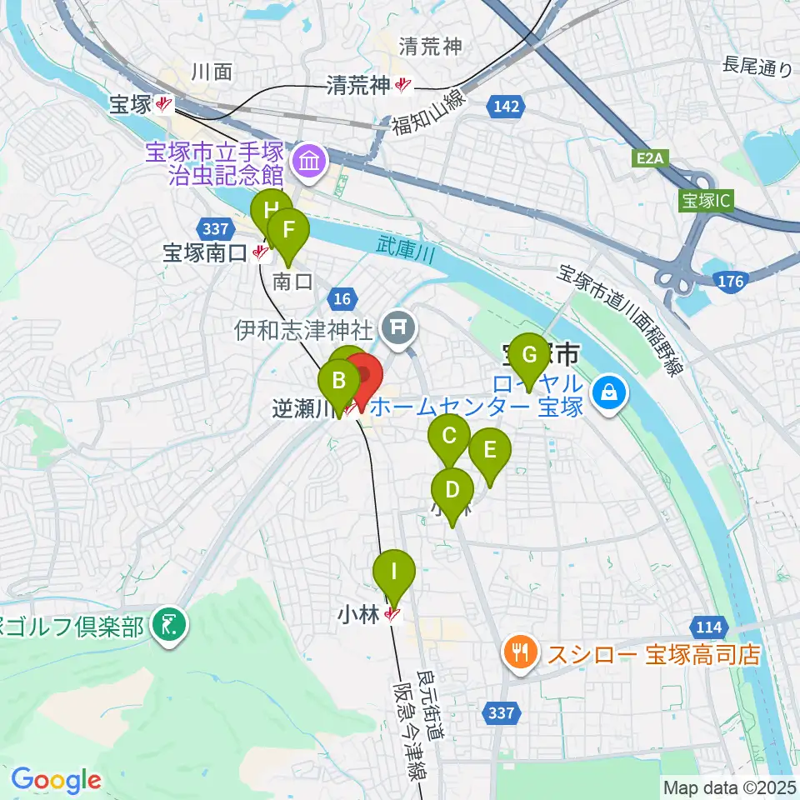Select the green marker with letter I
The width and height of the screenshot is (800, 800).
click(x=393, y=573)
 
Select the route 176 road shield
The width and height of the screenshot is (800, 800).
click(x=729, y=282)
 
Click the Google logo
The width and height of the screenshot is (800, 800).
click(x=57, y=781)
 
